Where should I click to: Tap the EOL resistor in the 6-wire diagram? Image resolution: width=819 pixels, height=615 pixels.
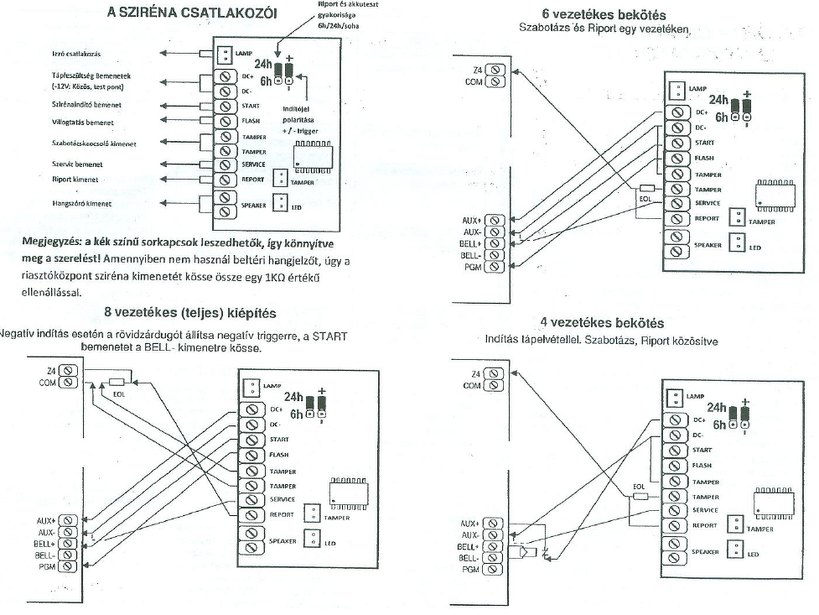tap(646, 189)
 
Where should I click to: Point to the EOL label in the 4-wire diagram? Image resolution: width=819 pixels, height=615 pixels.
tap(639, 485)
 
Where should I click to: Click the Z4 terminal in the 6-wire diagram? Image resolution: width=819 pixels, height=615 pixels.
tap(496, 69)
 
